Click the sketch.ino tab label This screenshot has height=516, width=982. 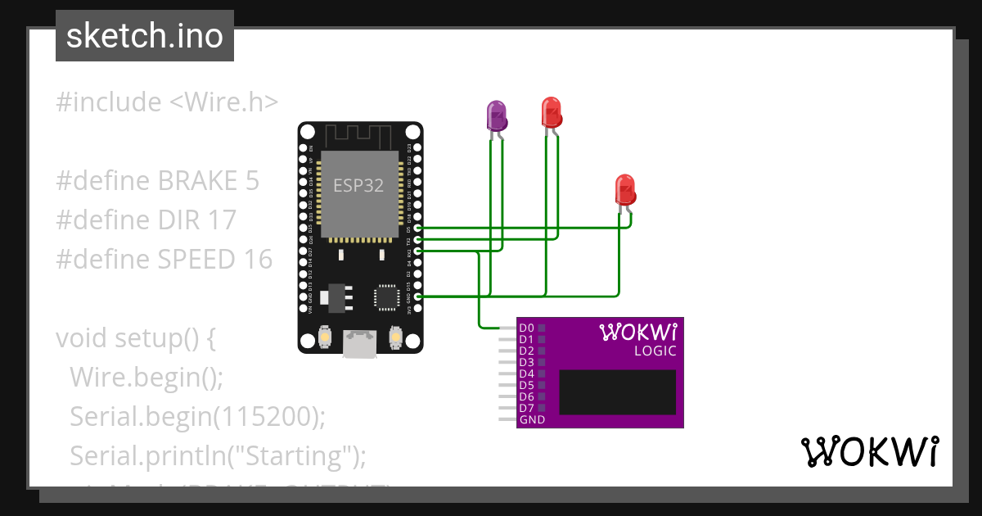[144, 36]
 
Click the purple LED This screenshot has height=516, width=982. [496, 116]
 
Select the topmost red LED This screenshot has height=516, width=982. [551, 111]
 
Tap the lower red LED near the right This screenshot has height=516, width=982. [624, 190]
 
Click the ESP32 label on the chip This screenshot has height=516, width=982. [358, 185]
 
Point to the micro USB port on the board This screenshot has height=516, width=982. [360, 343]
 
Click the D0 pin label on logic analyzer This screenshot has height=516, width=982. [526, 328]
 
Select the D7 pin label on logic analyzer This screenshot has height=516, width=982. [526, 408]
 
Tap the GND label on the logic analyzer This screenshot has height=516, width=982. [532, 419]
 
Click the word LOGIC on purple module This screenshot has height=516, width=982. [655, 351]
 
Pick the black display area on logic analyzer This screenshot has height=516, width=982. [617, 392]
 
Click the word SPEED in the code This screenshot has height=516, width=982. [195, 259]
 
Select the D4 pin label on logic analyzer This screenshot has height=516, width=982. [526, 373]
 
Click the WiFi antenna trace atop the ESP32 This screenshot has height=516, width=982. [360, 134]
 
